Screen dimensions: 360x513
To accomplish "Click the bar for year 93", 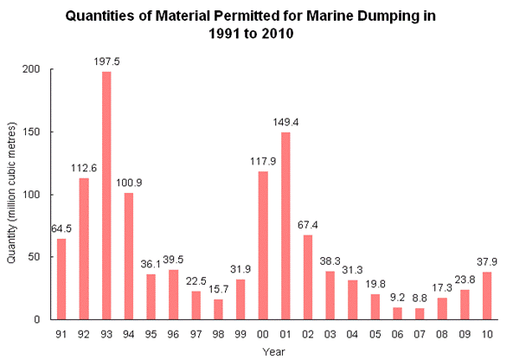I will pos(106,196).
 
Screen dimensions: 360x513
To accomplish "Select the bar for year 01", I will pos(285,226).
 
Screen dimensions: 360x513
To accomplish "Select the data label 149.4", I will pos(285,122).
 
